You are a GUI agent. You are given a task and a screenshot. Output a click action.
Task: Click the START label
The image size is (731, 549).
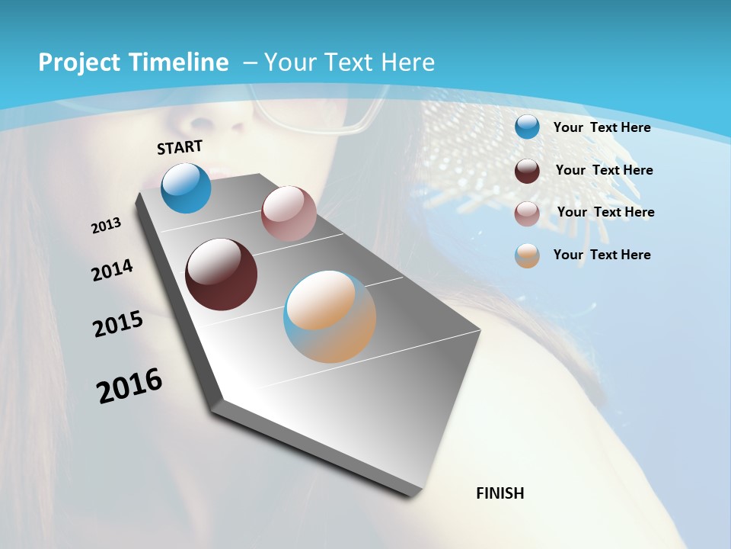coord(180,147)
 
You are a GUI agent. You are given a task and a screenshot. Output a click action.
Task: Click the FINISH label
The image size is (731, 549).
coord(500,493)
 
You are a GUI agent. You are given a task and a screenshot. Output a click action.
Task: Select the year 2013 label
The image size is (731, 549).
coord(106,226)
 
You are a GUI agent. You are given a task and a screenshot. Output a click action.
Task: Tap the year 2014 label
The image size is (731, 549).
coord(112,270)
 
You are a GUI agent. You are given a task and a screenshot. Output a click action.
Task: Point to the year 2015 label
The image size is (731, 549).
coord(117,323)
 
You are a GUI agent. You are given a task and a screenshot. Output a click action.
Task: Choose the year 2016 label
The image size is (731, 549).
coord(129,386)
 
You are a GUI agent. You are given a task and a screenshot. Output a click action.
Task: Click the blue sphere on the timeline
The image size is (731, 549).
coord(186,188)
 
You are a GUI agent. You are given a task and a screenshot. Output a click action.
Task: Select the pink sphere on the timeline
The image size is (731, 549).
coord(289,213)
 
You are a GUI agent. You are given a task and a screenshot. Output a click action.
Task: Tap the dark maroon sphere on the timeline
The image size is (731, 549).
coord(221,274)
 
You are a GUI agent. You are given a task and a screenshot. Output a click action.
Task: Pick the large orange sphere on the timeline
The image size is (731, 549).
coord(330,316)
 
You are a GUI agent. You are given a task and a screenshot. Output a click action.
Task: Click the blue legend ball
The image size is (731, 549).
coord(527,127)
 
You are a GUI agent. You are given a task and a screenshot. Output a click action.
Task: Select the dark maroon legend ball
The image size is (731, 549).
coord(527,171)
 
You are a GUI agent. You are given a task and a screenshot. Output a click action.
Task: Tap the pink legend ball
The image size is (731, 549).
coord(527,213)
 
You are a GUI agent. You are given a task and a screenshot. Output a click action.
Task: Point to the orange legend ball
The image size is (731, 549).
coord(527,255)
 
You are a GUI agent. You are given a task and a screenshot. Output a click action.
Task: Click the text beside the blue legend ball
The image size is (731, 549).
coord(602,127)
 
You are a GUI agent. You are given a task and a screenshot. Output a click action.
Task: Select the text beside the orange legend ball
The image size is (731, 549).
coord(602,255)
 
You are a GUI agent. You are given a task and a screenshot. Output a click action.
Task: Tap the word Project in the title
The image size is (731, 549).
coord(78,63)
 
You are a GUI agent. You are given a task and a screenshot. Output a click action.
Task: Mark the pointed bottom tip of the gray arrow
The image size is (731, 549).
coord(411,494)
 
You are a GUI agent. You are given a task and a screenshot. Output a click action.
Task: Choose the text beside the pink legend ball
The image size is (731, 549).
coord(605,212)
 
